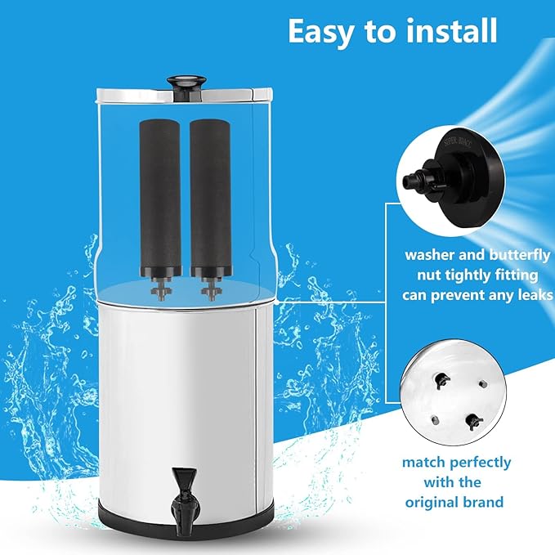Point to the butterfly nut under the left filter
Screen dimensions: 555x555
(159, 289)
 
